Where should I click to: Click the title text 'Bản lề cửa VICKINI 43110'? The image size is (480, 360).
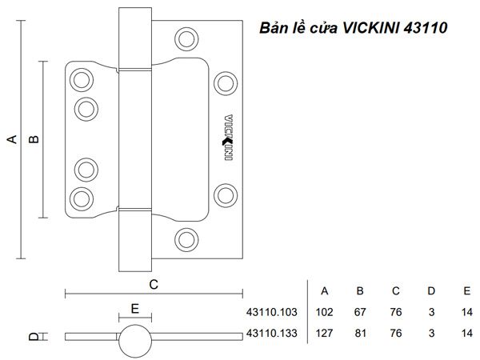(354, 29)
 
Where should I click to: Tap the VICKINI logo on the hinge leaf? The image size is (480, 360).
(227, 136)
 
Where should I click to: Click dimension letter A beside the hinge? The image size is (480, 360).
(12, 139)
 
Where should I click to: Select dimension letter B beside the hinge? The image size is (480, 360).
(34, 139)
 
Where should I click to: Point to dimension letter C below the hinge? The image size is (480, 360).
(154, 284)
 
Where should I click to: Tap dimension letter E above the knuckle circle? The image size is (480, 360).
(134, 307)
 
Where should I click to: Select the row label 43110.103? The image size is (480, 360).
(273, 312)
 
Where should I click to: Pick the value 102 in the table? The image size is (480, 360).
(324, 312)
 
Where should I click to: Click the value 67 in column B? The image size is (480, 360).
(360, 312)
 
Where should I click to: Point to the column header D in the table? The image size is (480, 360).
(431, 290)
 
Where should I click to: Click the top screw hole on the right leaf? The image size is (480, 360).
(186, 38)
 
